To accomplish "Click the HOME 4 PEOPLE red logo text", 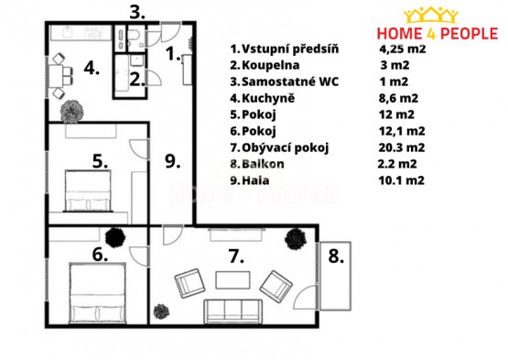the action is [438, 33].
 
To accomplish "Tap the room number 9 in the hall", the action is [172, 161].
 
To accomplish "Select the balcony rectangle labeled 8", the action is [335, 276].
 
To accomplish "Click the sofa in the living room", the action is [232, 311].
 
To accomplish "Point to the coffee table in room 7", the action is [232, 280].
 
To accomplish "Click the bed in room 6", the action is [98, 293].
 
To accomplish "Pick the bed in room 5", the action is [88, 191].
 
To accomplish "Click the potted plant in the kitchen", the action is [71, 112].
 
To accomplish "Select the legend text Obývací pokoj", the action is [285, 147].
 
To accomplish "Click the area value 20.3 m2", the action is [402, 147].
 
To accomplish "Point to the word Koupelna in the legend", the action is [271, 65].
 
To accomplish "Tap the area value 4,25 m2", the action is [403, 49].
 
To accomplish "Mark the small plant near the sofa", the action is [161, 311].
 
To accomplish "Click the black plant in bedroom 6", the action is [115, 238].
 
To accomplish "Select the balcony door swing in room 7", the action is [305, 298].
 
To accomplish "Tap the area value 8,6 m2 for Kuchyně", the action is [398, 98].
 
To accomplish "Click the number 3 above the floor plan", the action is [137, 13].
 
